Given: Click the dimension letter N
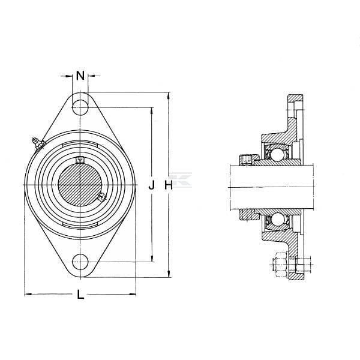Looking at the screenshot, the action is click(80, 76).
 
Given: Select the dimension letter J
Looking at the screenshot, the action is click(152, 185).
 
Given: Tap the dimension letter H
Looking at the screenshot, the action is click(169, 185).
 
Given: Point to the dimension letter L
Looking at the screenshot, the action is click(80, 295).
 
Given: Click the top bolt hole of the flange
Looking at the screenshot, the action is click(80, 107).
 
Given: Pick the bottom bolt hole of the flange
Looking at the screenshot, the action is click(80, 262).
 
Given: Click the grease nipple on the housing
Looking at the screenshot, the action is click(38, 144).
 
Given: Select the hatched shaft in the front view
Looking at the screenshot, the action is click(80, 185).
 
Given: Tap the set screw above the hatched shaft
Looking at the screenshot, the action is click(80, 160).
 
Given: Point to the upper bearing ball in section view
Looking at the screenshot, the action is click(277, 155).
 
